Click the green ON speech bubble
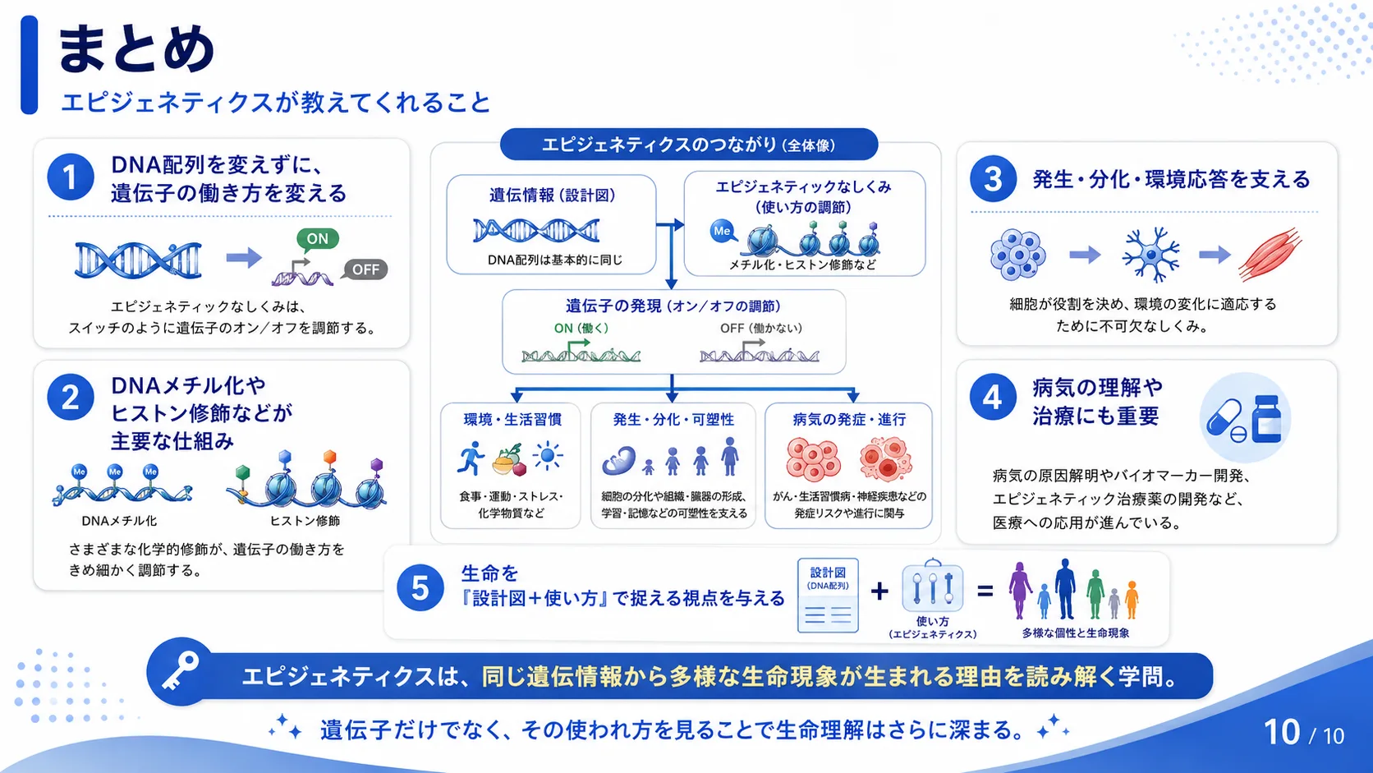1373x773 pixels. point(317,240)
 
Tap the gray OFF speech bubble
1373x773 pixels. point(365,269)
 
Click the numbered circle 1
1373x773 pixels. point(71,177)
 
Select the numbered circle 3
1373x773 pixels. point(993,179)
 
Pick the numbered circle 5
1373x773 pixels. point(420,588)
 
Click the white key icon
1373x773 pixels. point(180,671)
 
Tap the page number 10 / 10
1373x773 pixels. point(1304,733)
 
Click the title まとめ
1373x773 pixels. point(135,49)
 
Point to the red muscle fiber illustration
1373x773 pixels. point(1270,255)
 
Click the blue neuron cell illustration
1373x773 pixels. point(1151,255)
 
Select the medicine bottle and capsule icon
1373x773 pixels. point(1244,418)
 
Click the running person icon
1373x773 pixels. point(471,458)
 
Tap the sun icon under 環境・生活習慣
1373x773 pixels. point(548,456)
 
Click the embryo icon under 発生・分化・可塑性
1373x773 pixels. point(619,460)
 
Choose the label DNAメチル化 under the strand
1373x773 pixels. point(119,521)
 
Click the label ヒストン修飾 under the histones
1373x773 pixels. point(305,521)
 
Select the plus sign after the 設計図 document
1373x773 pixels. point(879,591)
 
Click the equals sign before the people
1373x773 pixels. point(985,591)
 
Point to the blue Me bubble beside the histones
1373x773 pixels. point(723,231)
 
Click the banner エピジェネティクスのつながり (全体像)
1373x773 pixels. point(689,145)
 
